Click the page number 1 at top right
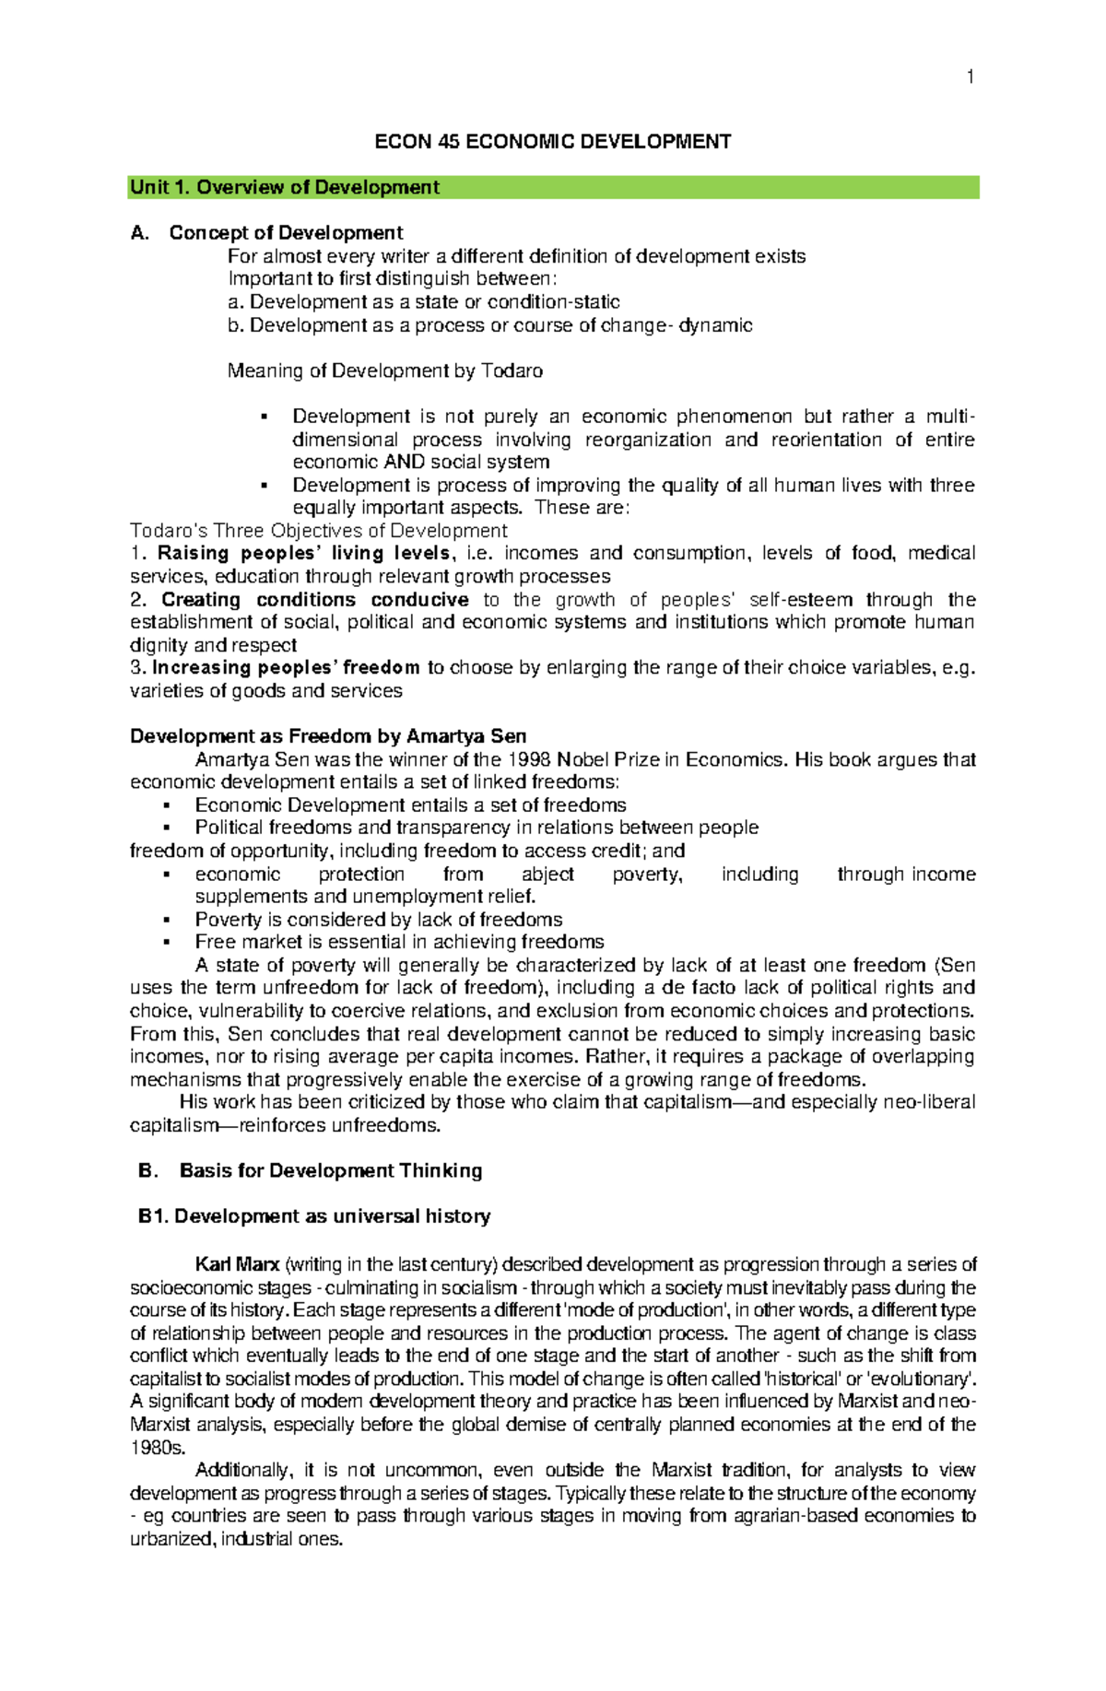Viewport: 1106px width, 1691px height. [970, 77]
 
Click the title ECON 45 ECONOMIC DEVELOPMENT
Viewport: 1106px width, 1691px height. [552, 142]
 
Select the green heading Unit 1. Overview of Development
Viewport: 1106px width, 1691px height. [285, 188]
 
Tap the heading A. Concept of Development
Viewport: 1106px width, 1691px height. [267, 233]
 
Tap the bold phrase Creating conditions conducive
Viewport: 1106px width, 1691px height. [314, 600]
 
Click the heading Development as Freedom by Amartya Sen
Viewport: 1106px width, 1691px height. [328, 736]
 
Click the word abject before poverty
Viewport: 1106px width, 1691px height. [547, 875]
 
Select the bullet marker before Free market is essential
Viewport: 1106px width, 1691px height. [167, 943]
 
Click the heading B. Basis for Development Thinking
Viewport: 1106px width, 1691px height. [311, 1171]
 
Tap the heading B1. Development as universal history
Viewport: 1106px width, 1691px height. [314, 1217]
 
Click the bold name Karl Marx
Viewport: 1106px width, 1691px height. [237, 1265]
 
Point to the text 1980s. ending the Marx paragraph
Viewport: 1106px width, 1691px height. [158, 1448]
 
